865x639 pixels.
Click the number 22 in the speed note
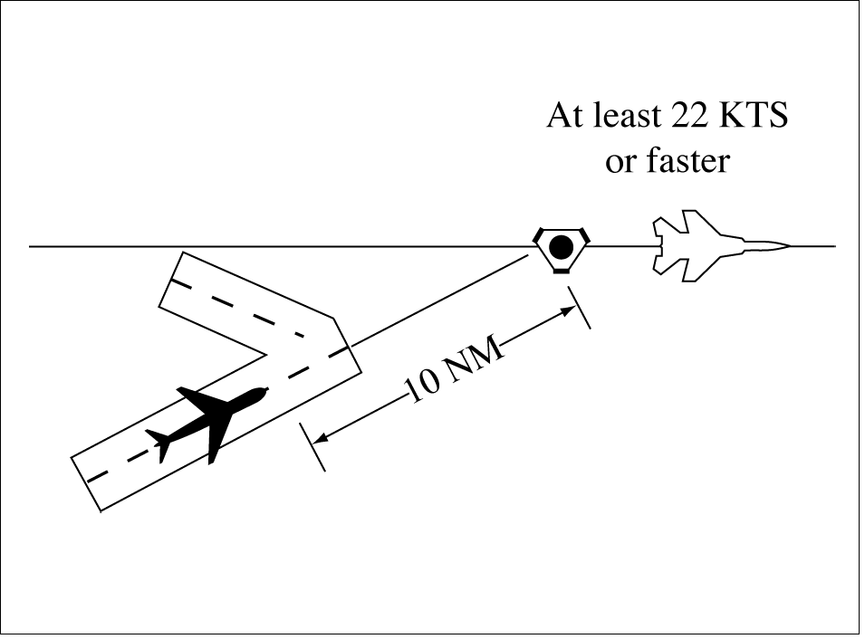(691, 118)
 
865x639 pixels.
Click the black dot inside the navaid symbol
(562, 244)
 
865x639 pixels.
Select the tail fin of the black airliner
(164, 443)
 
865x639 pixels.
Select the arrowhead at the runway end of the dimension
(319, 439)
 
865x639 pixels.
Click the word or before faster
(619, 161)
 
